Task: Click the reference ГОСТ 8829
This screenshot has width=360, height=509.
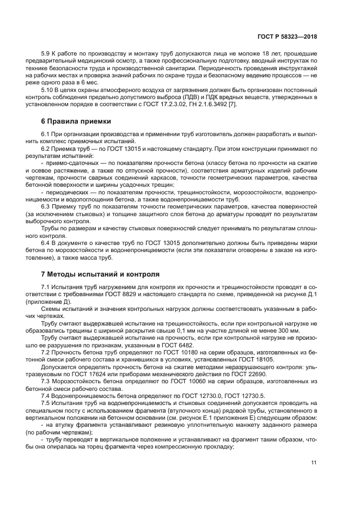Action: pos(134,295)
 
